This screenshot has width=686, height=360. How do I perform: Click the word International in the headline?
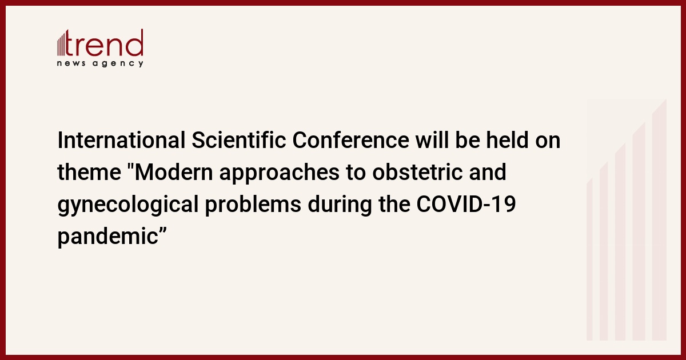click(121, 140)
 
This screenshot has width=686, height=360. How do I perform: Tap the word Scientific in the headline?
click(239, 140)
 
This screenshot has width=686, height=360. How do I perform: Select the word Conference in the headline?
click(350, 140)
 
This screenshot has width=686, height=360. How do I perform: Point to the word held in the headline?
click(508, 140)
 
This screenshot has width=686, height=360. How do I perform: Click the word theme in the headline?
click(89, 173)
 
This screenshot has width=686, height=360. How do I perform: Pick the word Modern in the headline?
click(174, 173)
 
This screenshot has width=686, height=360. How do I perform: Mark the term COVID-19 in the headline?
click(466, 204)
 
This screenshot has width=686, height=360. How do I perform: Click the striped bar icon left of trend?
click(61, 45)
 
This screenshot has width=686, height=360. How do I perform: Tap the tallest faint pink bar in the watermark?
click(659, 219)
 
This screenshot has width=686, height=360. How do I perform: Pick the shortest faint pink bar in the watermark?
click(589, 259)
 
